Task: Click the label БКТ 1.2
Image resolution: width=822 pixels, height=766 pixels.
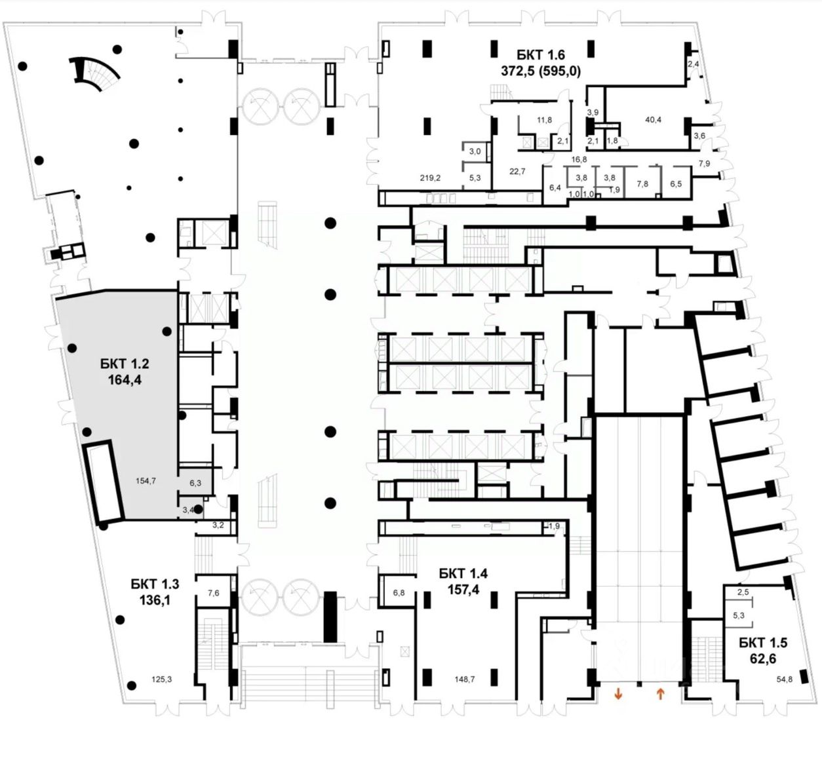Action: pos(124,364)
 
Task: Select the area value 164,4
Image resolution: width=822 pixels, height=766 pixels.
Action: pos(125,380)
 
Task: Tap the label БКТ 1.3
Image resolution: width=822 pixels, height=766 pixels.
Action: pos(155,584)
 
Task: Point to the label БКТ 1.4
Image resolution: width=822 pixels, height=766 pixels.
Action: pos(463,573)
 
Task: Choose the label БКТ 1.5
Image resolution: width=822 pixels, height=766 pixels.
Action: pos(763,643)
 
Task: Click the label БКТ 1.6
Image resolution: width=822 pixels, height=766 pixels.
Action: pos(541,54)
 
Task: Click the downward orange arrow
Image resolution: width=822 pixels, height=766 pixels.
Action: pos(618,693)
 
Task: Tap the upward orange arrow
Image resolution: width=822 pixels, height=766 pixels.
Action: pos(661,693)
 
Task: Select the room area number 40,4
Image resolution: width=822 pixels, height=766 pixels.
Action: pos(653,120)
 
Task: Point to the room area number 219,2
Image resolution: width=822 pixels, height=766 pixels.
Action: pos(430,178)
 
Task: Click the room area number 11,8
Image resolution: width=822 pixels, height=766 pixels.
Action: pos(544,120)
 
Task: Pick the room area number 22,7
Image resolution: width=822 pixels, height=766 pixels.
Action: pos(517,171)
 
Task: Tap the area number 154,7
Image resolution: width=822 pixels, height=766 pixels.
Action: pos(146,480)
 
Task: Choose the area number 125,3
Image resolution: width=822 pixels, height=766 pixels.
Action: pos(161,679)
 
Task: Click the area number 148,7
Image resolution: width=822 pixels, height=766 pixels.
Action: pos(464,679)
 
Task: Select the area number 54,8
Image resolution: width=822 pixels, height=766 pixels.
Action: pos(784,679)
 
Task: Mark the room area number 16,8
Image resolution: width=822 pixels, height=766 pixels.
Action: pos(579,159)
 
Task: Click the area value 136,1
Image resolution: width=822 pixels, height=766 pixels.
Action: pos(155,600)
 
